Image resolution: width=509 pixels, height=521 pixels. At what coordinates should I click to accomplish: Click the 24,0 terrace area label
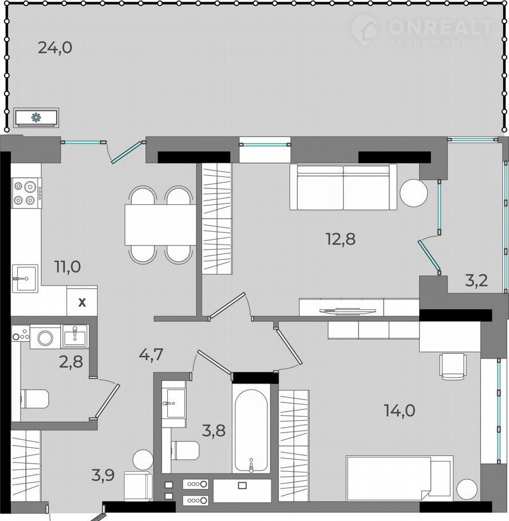tap(55, 48)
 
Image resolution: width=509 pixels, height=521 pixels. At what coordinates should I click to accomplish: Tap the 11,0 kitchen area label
tap(68, 266)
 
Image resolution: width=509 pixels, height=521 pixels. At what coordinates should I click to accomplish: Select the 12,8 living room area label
tap(341, 239)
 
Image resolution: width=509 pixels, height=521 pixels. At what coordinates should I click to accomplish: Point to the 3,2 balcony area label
tap(476, 281)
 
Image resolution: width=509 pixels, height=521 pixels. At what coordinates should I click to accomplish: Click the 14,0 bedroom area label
tap(400, 411)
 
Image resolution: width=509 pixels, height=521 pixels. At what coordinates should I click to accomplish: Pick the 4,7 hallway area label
tap(151, 354)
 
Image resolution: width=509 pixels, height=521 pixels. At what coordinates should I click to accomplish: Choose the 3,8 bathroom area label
tap(214, 431)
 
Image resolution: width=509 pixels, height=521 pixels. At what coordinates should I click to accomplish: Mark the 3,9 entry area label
tap(103, 475)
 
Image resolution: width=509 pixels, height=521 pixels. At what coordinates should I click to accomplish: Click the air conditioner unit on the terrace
tap(36, 117)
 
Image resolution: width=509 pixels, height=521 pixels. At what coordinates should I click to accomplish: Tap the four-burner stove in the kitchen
tap(26, 193)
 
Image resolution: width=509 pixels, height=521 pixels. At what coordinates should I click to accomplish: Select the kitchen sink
tap(25, 278)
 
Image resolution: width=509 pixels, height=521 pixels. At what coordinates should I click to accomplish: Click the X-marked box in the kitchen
tap(82, 301)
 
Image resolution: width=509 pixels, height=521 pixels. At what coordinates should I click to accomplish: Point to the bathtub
tap(251, 429)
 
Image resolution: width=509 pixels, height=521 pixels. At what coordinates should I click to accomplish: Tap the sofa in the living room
tap(343, 187)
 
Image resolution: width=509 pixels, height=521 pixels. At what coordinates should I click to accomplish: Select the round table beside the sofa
tap(413, 193)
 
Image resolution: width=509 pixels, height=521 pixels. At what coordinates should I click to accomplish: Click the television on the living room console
tap(348, 311)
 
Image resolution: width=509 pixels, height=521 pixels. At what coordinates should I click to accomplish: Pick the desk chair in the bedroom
tap(453, 366)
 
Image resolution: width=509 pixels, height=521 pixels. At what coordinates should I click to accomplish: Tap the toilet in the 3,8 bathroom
tap(186, 450)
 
